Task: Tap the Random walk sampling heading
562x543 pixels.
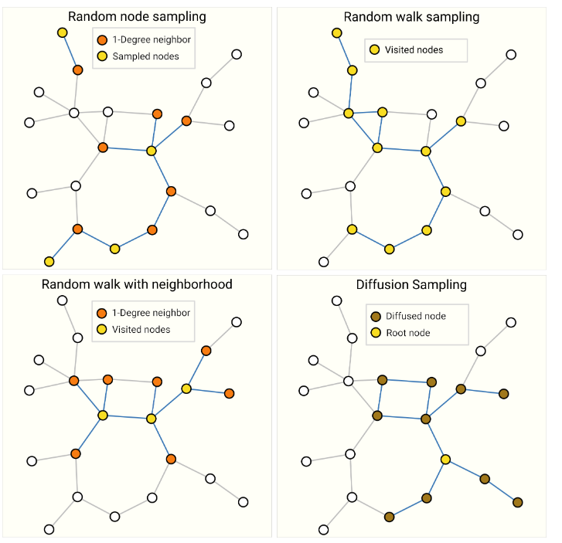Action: coord(411,17)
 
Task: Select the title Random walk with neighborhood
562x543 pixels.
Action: coord(137,284)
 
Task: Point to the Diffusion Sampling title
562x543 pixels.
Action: coord(411,284)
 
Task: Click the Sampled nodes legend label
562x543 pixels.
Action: coord(146,56)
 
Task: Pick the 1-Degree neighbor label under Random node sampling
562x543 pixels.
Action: coord(152,39)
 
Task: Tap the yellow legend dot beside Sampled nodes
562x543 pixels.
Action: coord(101,56)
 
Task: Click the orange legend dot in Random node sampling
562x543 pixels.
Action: coord(101,39)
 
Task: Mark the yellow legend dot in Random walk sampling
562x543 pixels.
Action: coord(375,50)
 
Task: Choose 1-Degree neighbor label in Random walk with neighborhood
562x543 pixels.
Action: coord(152,313)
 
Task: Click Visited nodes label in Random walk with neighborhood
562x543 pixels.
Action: coord(141,330)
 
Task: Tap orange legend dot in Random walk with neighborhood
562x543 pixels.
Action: coord(101,313)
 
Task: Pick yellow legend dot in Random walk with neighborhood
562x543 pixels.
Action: coord(101,330)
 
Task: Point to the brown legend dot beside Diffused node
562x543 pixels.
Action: coord(376,316)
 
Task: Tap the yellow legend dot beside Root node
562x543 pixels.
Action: coord(376,333)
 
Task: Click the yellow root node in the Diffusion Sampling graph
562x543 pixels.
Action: coord(446,460)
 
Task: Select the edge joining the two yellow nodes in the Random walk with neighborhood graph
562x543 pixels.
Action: coord(127,417)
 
